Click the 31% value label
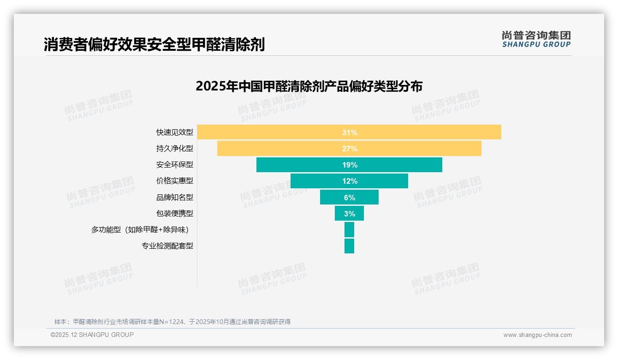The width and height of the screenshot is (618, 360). pyautogui.click(x=350, y=132)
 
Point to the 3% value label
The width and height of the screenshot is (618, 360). pyautogui.click(x=350, y=214)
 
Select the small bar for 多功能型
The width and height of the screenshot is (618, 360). pyautogui.click(x=349, y=229)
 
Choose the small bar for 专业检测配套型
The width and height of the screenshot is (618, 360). pyautogui.click(x=349, y=246)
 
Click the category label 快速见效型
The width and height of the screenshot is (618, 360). pyautogui.click(x=175, y=132)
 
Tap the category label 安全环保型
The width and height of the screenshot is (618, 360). pyautogui.click(x=175, y=165)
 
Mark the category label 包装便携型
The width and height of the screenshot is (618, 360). pyautogui.click(x=175, y=213)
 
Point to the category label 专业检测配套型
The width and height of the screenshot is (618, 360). pyautogui.click(x=167, y=246)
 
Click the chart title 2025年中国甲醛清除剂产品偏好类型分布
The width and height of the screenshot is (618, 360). pyautogui.click(x=309, y=86)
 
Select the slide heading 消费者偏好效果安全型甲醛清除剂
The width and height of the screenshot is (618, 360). pyautogui.click(x=154, y=45)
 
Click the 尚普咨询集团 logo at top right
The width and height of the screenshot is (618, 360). pyautogui.click(x=536, y=39)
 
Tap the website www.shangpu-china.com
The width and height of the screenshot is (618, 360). pyautogui.click(x=537, y=335)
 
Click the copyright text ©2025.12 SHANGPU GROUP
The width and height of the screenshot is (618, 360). pyautogui.click(x=92, y=335)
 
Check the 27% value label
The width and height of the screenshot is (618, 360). pyautogui.click(x=350, y=149)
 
